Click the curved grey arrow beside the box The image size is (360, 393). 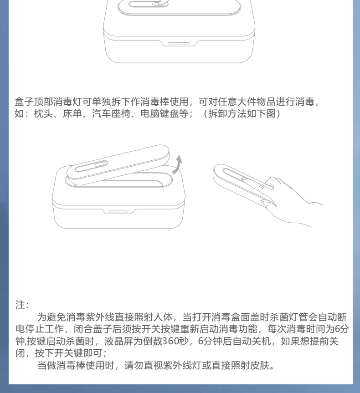point(178,165)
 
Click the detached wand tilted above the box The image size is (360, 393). point(118,165)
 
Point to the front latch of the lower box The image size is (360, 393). point(118,212)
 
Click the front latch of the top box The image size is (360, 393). point(179,43)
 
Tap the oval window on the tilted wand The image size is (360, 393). point(91,167)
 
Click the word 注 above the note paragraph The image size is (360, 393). point(21,305)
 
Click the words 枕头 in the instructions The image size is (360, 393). point(43,113)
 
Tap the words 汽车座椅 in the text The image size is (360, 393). point(111,113)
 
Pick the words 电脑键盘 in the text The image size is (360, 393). point(159,113)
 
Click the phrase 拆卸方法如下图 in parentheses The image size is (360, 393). point(242,113)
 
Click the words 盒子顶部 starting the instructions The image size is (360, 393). point(34,102)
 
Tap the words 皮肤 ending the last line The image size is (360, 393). point(260,365)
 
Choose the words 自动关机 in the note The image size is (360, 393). point(252,341)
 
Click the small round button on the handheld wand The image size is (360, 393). point(243,179)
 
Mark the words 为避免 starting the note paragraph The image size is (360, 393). point(51,317)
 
